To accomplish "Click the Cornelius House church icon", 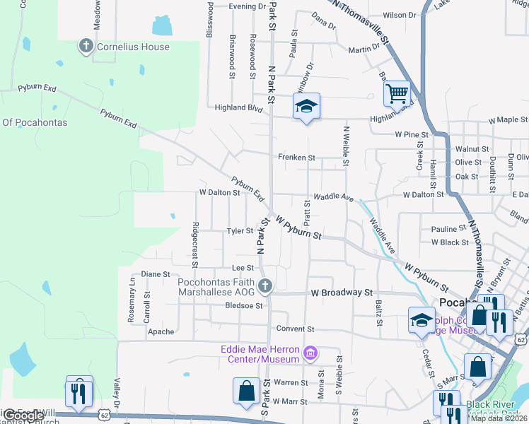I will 86,47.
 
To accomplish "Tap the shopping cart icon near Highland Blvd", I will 397,93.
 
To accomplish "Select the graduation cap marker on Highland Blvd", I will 306,107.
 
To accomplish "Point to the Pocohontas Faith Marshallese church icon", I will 265,286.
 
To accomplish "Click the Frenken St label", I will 296,158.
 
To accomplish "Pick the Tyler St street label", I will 240,231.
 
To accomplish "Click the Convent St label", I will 295,329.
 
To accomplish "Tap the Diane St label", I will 156,273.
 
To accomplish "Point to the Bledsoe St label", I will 243,306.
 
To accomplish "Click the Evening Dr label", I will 248,6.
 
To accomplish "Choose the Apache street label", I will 161,331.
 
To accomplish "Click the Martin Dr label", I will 364,49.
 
